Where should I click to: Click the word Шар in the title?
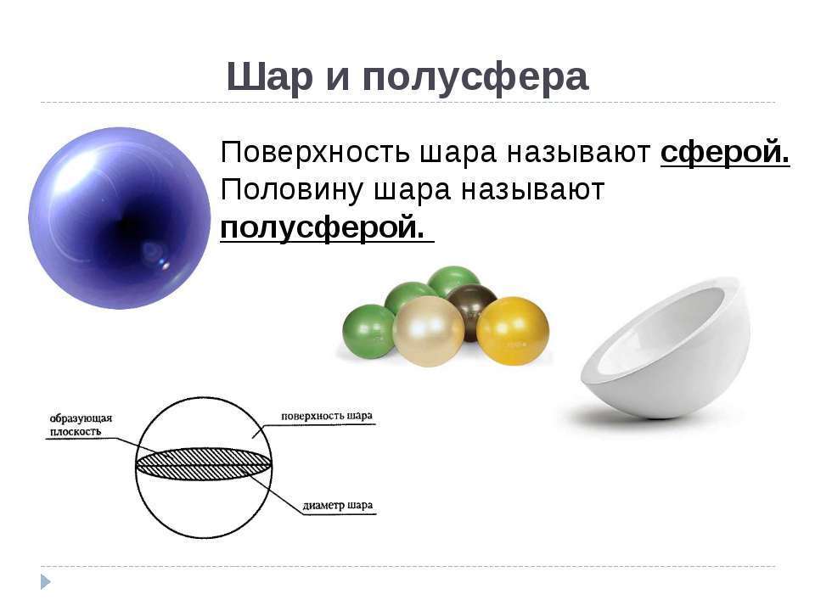click(270, 77)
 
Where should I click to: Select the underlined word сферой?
click(725, 152)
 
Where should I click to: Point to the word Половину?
click(291, 189)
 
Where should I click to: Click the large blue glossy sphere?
click(120, 218)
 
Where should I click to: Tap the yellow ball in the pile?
click(513, 330)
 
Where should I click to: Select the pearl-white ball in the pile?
click(429, 332)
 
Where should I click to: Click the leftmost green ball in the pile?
click(368, 332)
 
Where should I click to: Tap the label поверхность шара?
click(326, 416)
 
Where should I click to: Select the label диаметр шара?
click(337, 506)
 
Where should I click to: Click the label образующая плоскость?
click(81, 425)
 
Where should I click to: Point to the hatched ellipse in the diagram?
click(203, 464)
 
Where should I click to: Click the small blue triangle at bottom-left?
click(46, 582)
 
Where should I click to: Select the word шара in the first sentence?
click(458, 154)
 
